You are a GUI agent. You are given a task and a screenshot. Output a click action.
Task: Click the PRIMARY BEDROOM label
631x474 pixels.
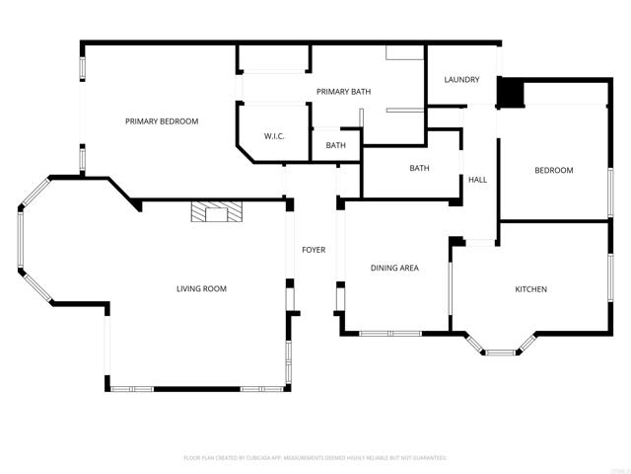tap(162, 121)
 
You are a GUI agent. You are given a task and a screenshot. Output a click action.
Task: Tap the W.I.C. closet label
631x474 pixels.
tap(274, 136)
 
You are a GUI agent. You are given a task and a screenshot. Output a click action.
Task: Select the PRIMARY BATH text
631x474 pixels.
tap(343, 92)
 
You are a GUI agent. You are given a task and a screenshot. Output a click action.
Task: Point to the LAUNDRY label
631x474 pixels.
tap(461, 80)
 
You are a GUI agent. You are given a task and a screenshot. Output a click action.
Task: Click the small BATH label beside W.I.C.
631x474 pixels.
tap(336, 146)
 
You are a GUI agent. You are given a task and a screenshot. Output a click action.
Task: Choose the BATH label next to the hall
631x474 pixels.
tap(419, 168)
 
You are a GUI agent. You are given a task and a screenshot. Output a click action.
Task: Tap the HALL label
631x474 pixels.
tap(478, 180)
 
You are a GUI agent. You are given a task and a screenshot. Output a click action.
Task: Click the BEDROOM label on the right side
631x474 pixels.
tap(553, 171)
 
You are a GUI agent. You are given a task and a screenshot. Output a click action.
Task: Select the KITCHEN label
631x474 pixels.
tap(530, 289)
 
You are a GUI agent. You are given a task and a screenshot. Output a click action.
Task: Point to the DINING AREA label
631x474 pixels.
tap(394, 268)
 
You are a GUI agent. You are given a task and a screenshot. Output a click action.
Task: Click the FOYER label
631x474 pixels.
tap(314, 250)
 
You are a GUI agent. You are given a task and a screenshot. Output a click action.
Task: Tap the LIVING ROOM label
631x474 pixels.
tap(201, 289)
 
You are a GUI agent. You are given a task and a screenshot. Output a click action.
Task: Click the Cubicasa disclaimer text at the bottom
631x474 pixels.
tap(315, 458)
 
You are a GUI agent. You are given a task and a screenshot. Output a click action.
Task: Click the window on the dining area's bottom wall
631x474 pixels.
tap(389, 333)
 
